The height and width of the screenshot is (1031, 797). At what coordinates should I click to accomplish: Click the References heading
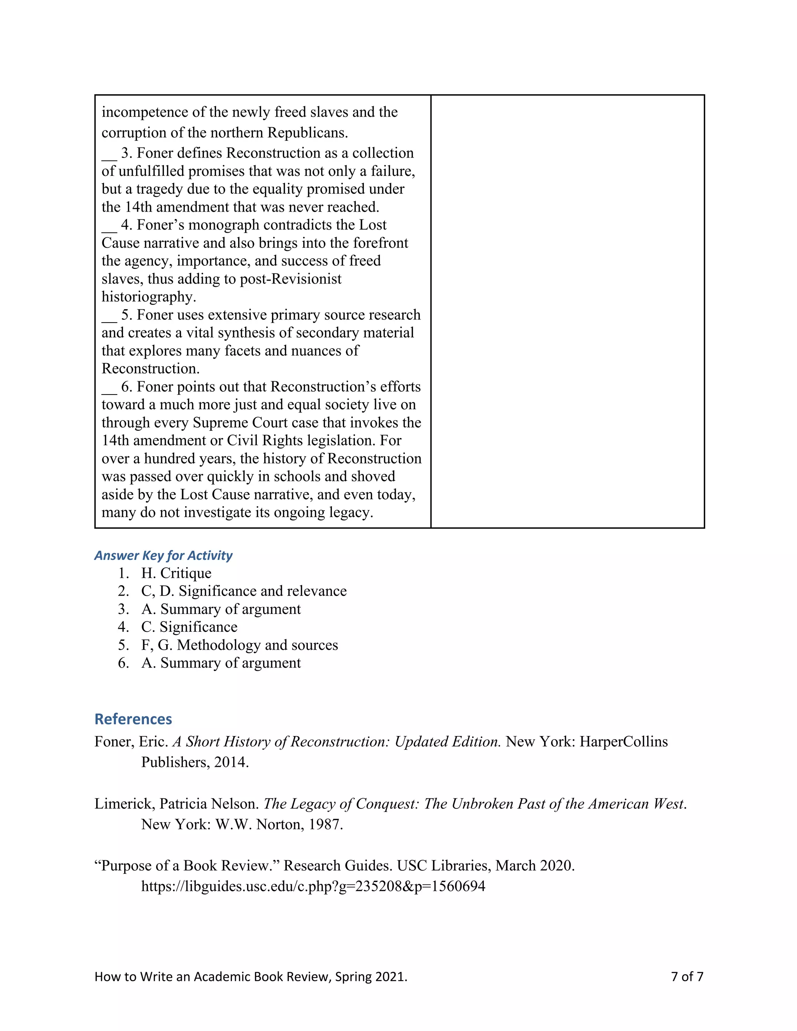tap(133, 719)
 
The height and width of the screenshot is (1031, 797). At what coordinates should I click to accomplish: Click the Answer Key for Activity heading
tap(163, 555)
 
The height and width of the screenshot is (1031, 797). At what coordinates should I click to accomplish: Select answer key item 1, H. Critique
tap(176, 573)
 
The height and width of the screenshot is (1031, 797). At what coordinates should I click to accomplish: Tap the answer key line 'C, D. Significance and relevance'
tap(244, 591)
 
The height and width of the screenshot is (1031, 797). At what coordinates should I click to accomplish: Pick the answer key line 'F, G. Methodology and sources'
tap(239, 645)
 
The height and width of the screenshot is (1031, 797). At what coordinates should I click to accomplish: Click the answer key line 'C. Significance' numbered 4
tap(189, 627)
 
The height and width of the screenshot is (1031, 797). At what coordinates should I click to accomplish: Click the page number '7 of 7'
tap(687, 976)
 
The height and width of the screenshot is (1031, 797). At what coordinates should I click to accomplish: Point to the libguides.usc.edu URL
tap(313, 886)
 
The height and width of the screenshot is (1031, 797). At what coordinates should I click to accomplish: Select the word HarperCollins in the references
tap(623, 742)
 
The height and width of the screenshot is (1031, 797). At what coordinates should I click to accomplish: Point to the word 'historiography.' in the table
tap(149, 297)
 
